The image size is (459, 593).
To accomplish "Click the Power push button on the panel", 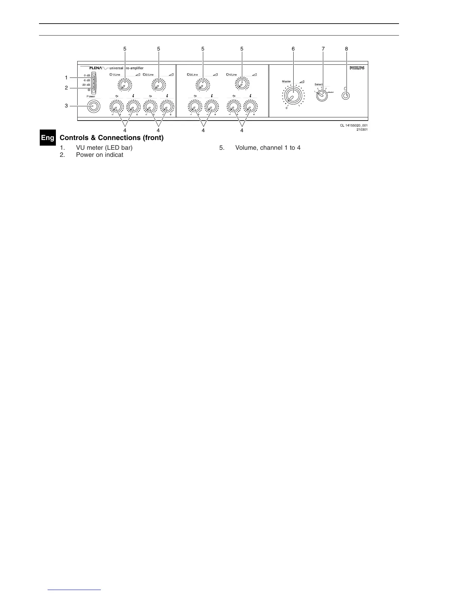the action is point(93,107).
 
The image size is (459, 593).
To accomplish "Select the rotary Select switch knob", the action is point(322,95).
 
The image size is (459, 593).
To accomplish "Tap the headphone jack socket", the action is point(346,96).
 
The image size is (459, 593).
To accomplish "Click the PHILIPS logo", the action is point(357,68).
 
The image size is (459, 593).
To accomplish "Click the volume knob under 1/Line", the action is point(123,85).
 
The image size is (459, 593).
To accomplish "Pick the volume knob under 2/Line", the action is point(158,85).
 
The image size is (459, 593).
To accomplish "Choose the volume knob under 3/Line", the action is point(202,85).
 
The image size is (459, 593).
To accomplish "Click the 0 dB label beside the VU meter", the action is point(87,76).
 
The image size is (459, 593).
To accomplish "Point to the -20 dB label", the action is point(86,85).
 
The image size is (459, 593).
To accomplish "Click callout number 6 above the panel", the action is point(293,49).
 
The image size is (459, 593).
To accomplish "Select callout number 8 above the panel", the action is point(346,49).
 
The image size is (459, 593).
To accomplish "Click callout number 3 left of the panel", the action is point(66,106).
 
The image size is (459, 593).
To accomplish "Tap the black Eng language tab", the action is point(48,138).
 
